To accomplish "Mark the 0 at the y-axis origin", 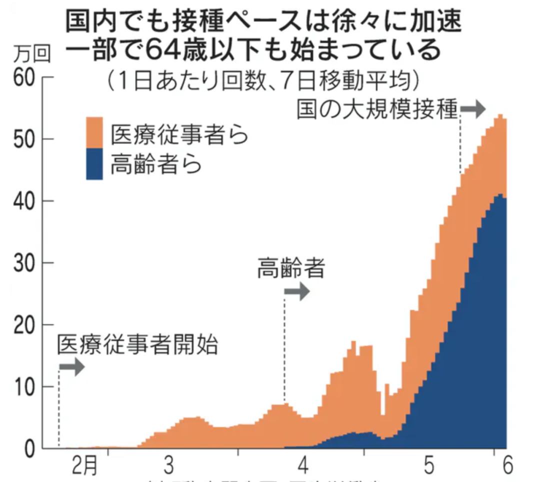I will coord(30,448).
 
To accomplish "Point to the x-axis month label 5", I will coord(429,466).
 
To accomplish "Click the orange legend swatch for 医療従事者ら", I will coord(94,132).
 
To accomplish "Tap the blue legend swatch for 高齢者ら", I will coord(94,164).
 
